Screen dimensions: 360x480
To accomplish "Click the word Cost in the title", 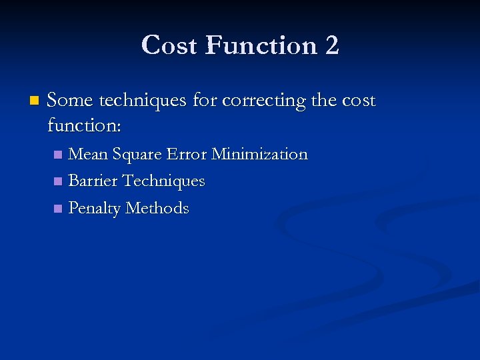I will (170, 45).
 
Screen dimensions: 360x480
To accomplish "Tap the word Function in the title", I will (261, 45).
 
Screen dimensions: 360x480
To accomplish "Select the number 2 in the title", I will (332, 45).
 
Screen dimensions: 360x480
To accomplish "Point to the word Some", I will (71, 101).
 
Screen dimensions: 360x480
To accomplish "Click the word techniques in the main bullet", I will (143, 101).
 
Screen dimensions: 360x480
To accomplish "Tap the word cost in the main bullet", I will (359, 101).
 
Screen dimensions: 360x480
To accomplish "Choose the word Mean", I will (88, 155).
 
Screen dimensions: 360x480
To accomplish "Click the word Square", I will (137, 155).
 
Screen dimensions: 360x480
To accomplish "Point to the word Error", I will (186, 155).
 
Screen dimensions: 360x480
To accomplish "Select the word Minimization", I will (259, 155).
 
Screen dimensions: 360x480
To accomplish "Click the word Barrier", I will (93, 181).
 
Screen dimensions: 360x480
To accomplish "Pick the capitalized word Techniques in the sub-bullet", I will (164, 181).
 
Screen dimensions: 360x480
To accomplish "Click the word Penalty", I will (95, 209).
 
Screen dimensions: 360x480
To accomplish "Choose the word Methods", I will (157, 208).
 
